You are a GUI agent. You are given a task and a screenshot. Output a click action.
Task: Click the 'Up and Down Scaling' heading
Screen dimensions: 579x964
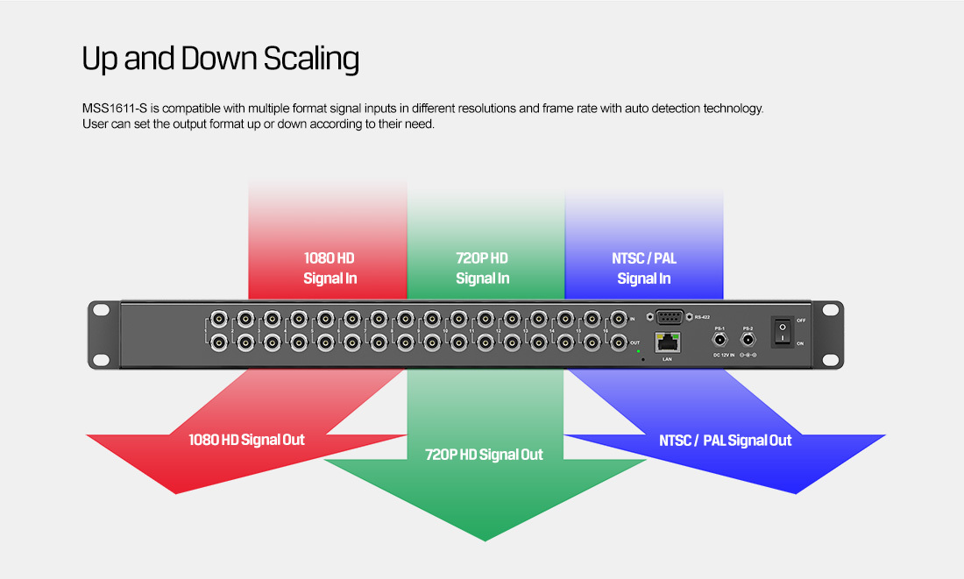coord(220,60)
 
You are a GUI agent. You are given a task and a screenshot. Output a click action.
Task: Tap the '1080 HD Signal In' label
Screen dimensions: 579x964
coord(329,268)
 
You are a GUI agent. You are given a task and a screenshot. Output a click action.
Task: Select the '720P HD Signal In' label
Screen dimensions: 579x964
coord(482,268)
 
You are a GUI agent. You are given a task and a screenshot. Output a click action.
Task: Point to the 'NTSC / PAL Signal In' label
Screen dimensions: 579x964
coord(644,268)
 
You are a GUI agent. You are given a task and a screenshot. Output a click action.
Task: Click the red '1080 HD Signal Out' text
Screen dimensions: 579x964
coord(246,440)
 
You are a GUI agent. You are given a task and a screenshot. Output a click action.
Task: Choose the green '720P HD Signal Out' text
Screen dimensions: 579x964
coord(484,455)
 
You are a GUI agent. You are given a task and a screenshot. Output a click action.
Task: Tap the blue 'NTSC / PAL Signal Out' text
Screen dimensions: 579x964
coord(725,441)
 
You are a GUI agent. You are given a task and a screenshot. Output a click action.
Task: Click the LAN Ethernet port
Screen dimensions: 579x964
coord(667,343)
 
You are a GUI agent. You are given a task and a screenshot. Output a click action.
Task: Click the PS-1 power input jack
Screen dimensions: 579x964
coord(720,339)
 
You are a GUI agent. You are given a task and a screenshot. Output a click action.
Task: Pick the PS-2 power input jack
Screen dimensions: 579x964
coord(748,339)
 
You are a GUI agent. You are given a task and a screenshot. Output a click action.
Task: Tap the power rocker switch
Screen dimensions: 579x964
coord(782,331)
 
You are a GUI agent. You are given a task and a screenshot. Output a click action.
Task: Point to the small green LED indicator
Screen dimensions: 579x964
coord(639,351)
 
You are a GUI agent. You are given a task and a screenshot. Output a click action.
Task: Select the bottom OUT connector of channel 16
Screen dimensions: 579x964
coord(619,342)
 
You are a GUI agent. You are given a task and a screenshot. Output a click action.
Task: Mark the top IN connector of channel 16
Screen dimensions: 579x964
coord(619,318)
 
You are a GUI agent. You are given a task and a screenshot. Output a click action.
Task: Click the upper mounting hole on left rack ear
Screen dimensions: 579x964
coord(102,309)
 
